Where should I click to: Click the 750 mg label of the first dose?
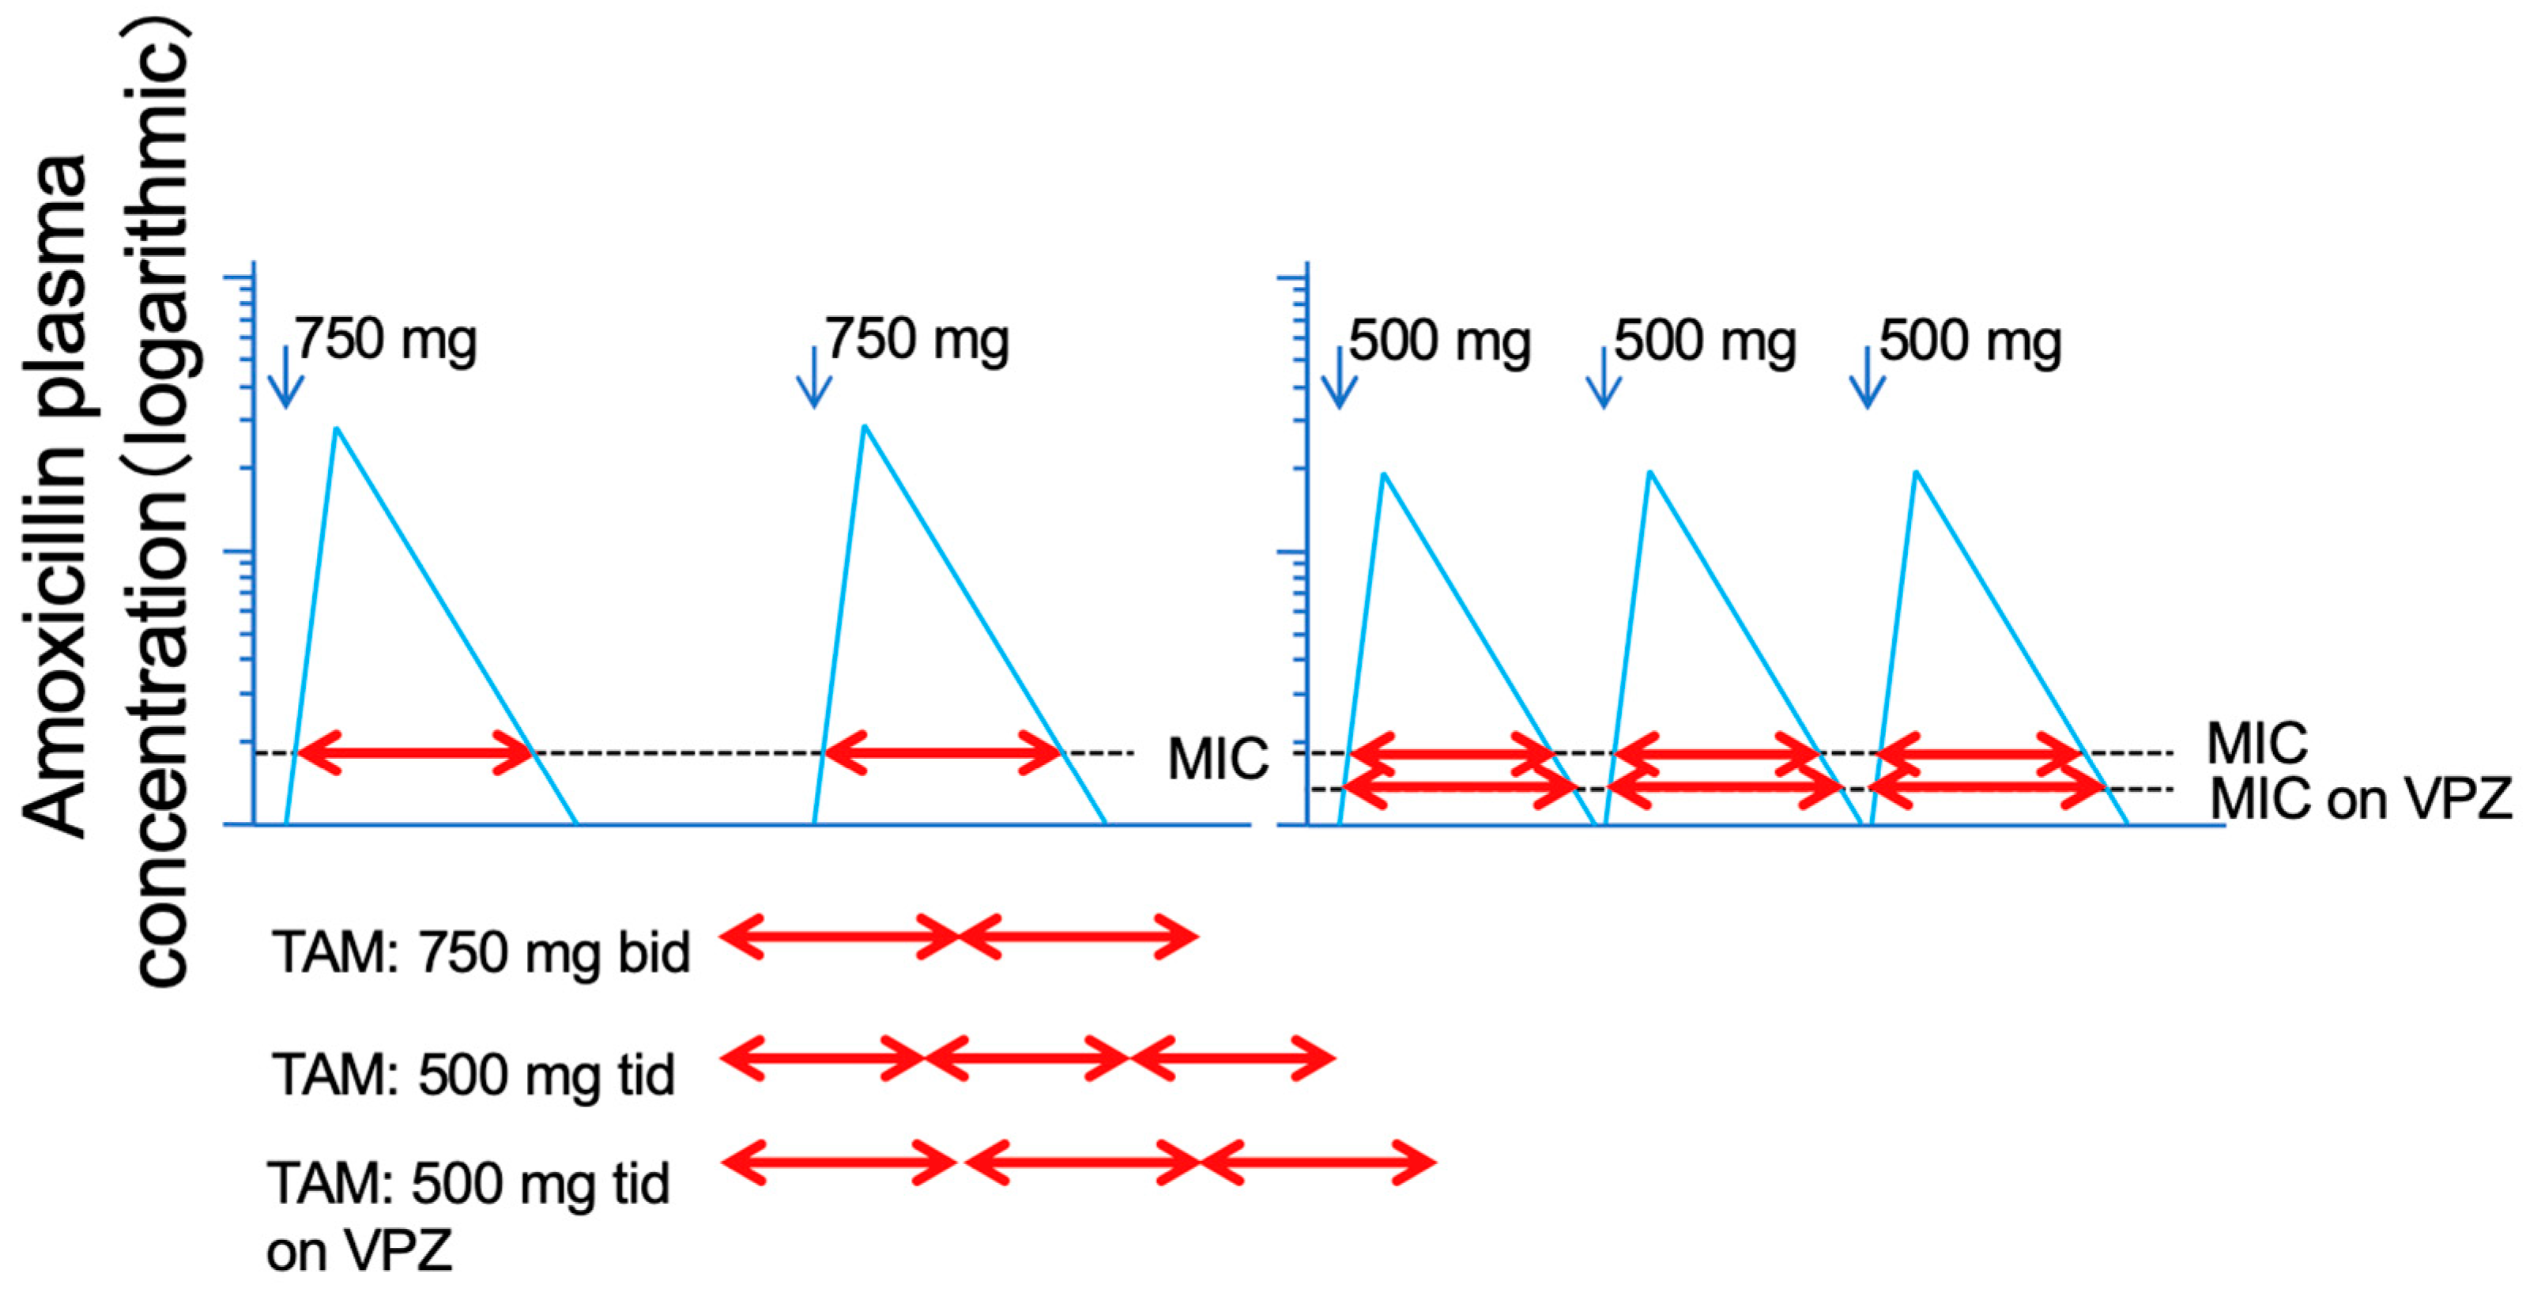click(x=386, y=340)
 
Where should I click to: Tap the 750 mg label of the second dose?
click(x=916, y=340)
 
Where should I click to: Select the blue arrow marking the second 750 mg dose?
click(x=814, y=377)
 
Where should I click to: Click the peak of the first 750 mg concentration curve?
click(x=337, y=429)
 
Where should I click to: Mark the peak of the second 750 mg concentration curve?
click(x=865, y=427)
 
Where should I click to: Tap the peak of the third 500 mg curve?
click(x=1915, y=473)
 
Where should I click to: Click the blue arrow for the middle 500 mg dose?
click(x=1603, y=377)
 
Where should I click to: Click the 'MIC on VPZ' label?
click(x=2360, y=800)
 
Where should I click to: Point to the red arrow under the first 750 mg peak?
click(x=414, y=754)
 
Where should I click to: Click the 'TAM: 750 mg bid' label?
click(x=481, y=952)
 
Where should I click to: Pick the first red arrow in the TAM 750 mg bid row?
click(x=839, y=937)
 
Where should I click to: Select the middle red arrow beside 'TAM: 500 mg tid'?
click(x=1027, y=1058)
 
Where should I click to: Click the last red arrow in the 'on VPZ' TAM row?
click(x=1318, y=1163)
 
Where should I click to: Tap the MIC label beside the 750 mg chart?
click(x=1217, y=759)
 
